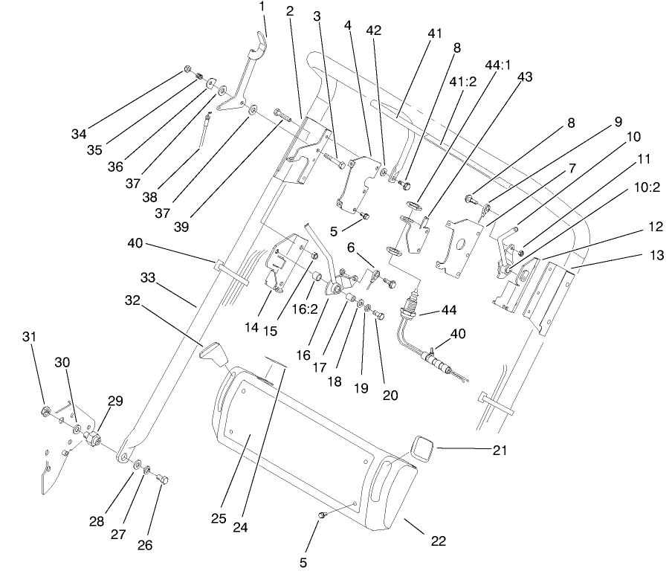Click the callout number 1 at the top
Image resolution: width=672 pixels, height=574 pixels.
(x=261, y=7)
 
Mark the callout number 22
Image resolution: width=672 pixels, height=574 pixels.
(x=439, y=541)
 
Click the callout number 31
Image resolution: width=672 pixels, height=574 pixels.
(x=29, y=337)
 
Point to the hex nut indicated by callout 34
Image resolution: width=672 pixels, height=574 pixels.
(x=188, y=71)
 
